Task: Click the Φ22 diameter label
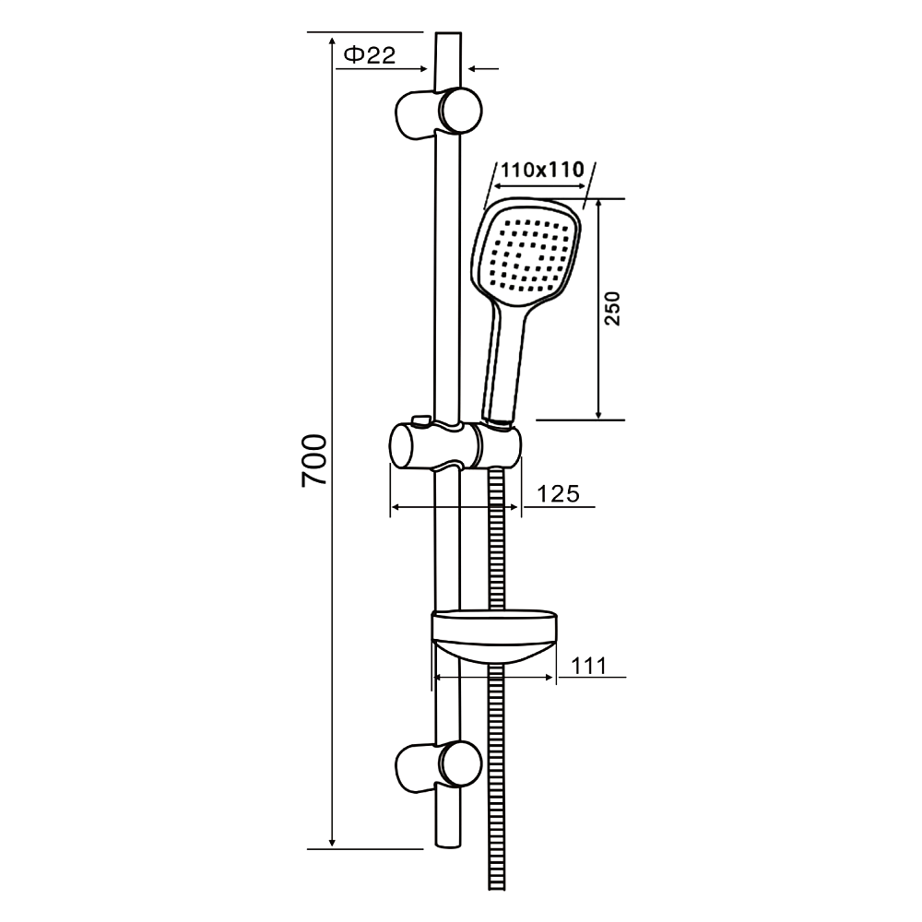click(370, 55)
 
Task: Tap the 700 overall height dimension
click(314, 460)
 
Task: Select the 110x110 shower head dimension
click(542, 170)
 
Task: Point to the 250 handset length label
click(612, 308)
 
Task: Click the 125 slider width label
click(558, 493)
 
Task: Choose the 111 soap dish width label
click(588, 666)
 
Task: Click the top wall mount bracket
click(439, 112)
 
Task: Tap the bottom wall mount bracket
click(439, 766)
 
